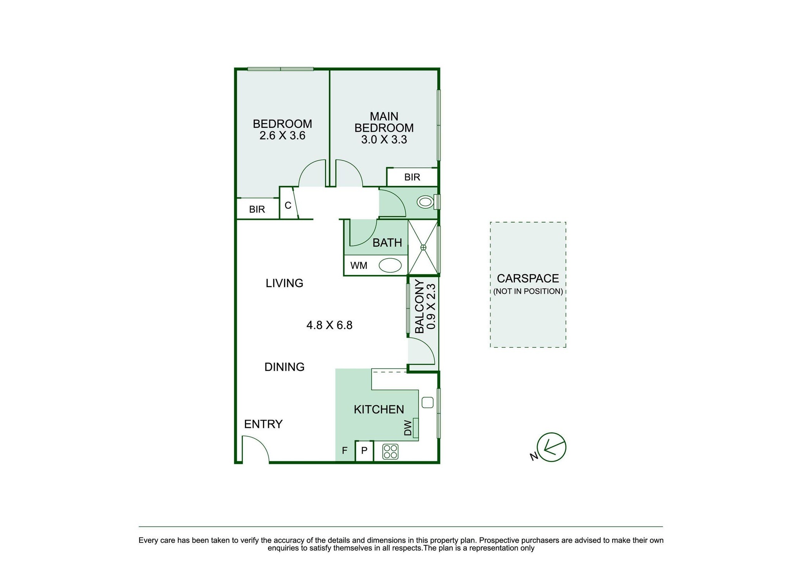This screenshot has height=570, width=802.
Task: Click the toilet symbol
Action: coord(425,202)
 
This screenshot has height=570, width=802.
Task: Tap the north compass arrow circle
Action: coord(552,447)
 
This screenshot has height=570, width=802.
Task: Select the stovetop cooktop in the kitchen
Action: coord(390,452)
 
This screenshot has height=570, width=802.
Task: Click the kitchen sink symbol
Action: coord(427,402)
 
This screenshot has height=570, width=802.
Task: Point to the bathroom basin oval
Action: coord(390,266)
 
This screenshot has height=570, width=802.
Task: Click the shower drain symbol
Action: coord(423,247)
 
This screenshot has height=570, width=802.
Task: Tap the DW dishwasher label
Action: coord(408,428)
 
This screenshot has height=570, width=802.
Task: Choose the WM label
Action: coord(359,266)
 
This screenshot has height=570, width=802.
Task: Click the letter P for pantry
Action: coord(364,451)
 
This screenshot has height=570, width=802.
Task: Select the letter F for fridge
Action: coord(345,451)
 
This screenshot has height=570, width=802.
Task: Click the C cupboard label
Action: coord(288,205)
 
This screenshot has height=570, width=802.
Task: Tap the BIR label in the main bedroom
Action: coord(412,177)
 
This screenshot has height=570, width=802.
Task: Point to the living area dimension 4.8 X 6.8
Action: coord(329,325)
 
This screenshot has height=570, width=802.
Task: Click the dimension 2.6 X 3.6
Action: coord(282,136)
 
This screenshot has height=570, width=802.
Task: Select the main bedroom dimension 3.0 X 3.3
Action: coord(384,139)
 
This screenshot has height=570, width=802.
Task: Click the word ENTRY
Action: coord(263,424)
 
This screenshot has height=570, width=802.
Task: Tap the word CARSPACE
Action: coord(528,278)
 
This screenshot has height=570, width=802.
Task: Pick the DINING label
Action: coord(284,367)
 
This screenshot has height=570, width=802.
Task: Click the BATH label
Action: coord(387,243)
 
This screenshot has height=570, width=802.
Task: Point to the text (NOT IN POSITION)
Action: coord(528,291)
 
